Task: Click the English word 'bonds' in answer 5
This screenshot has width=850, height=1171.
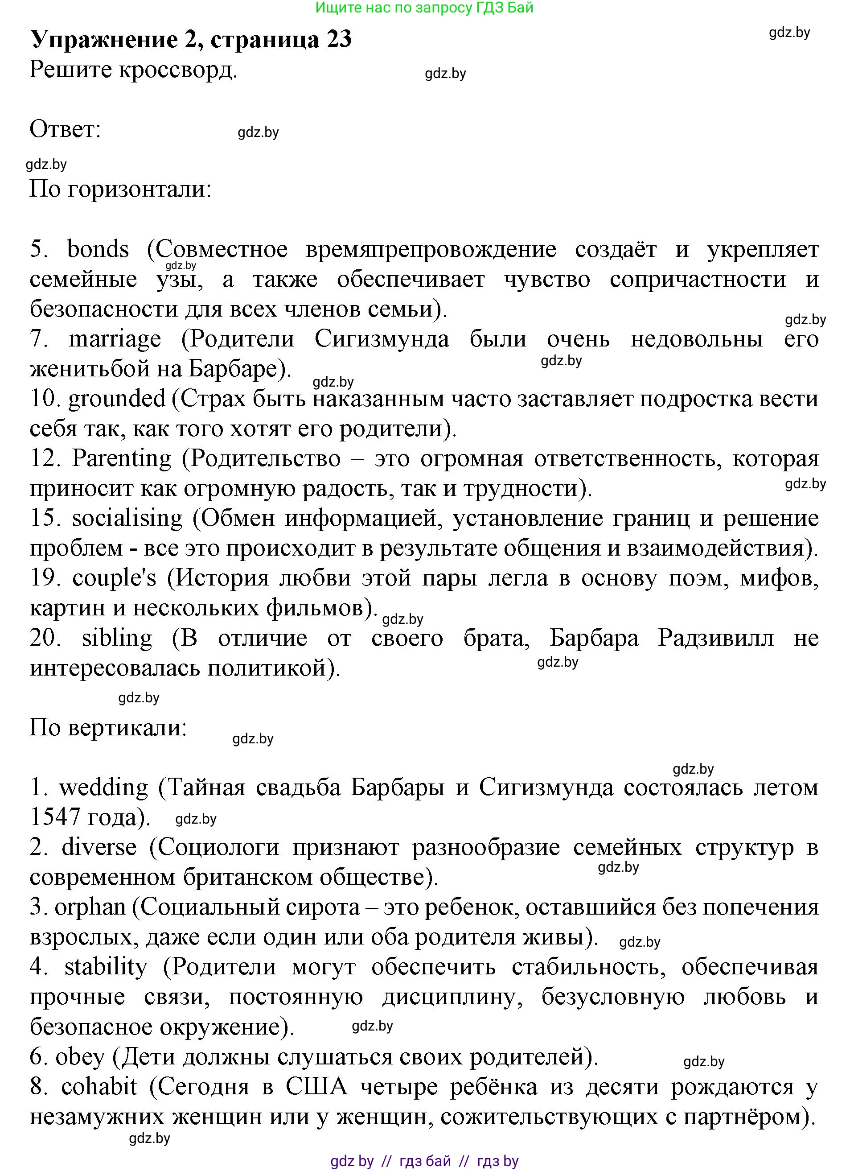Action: tap(98, 250)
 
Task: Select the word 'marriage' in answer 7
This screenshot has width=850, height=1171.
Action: tap(115, 340)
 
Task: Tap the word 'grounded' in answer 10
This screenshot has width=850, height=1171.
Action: tap(117, 399)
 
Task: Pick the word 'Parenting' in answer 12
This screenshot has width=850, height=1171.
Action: tap(122, 458)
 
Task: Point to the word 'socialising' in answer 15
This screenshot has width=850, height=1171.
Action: tap(127, 518)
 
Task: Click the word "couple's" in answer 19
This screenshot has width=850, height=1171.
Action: tap(114, 578)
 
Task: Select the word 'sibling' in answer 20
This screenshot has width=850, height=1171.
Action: tap(117, 638)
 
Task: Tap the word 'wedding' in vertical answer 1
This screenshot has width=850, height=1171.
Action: tap(104, 788)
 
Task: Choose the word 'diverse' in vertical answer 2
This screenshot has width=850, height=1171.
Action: tap(99, 848)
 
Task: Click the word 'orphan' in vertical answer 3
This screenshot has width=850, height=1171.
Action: tap(90, 907)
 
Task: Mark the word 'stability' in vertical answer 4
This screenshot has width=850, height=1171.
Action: tap(106, 967)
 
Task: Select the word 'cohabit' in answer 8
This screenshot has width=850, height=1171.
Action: tap(99, 1087)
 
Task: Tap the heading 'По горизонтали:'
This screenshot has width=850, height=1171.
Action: tap(120, 189)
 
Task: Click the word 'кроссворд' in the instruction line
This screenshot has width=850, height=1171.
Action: tap(178, 70)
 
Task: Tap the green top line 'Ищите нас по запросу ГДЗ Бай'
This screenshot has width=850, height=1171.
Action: tap(424, 8)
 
